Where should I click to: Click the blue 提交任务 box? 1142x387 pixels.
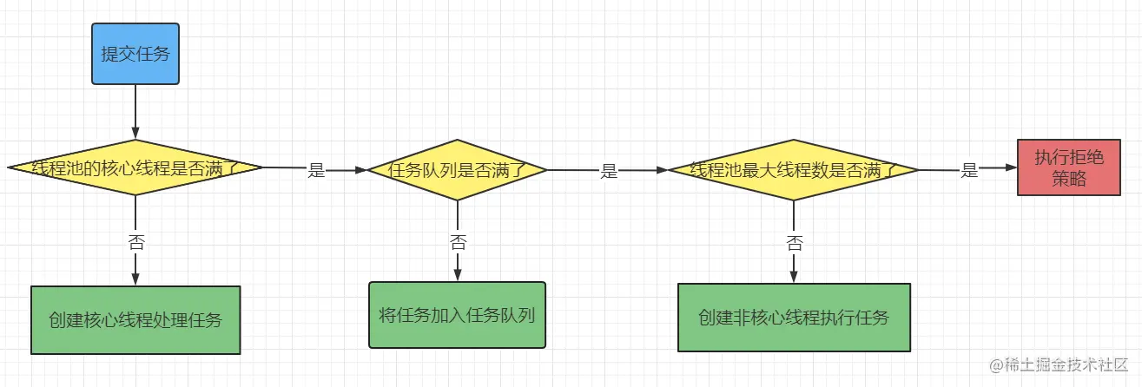[x=135, y=54]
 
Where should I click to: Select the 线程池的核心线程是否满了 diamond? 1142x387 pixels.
[x=135, y=167]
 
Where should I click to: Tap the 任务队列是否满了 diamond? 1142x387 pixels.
[x=457, y=169]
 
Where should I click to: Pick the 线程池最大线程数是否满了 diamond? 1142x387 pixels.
[x=793, y=169]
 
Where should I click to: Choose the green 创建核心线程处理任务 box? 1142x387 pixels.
[x=135, y=319]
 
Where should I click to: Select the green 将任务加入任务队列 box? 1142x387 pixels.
[x=457, y=314]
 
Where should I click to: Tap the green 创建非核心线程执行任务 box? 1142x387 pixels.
[x=794, y=317]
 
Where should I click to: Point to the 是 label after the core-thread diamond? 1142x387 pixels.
[x=316, y=171]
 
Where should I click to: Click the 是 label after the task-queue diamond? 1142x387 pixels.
[x=609, y=171]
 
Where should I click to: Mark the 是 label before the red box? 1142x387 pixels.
[x=969, y=171]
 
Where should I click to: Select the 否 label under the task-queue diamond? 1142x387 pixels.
[x=457, y=242]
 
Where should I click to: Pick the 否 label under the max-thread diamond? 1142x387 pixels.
[x=794, y=242]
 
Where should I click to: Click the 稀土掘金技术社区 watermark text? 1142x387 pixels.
[x=1077, y=366]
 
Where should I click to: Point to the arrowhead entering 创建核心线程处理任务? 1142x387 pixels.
[x=135, y=279]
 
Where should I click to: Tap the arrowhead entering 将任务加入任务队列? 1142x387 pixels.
[x=457, y=274]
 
